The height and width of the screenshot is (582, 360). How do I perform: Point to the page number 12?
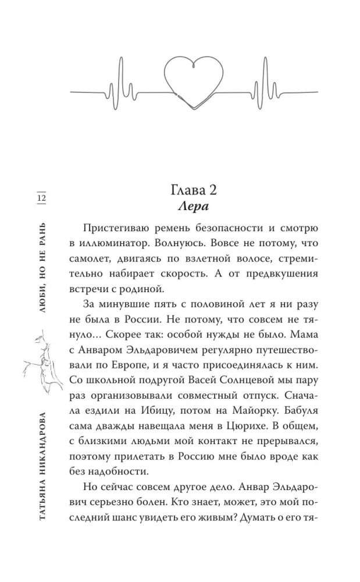41,198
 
